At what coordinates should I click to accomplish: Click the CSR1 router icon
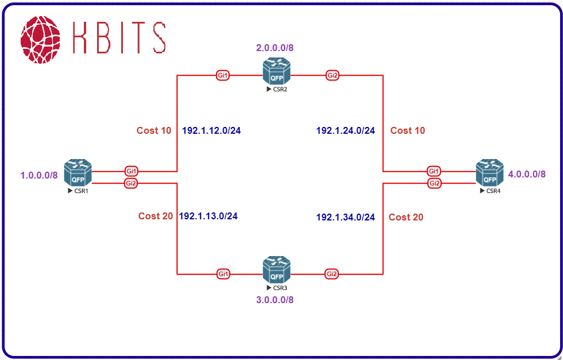(x=78, y=173)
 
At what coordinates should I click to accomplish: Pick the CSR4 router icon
(x=489, y=173)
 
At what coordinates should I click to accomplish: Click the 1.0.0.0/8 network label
(x=39, y=175)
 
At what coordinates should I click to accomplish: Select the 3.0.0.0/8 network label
(x=275, y=299)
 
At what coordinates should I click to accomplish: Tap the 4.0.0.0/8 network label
(x=527, y=174)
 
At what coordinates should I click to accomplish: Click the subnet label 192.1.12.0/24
(x=211, y=131)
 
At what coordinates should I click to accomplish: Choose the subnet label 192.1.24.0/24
(x=345, y=131)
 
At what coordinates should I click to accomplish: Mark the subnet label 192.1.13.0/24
(x=209, y=216)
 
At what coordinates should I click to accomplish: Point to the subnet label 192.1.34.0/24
(x=345, y=217)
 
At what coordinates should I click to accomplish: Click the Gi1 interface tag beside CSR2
(x=223, y=75)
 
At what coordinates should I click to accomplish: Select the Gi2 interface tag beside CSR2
(x=332, y=75)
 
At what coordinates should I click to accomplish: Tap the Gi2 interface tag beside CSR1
(x=131, y=183)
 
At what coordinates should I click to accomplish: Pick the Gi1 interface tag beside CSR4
(x=434, y=171)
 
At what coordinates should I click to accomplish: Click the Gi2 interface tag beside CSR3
(x=331, y=274)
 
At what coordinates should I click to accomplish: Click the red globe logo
(x=40, y=40)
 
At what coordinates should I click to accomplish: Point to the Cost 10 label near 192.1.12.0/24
(x=154, y=131)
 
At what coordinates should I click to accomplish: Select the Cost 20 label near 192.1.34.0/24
(x=406, y=217)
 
